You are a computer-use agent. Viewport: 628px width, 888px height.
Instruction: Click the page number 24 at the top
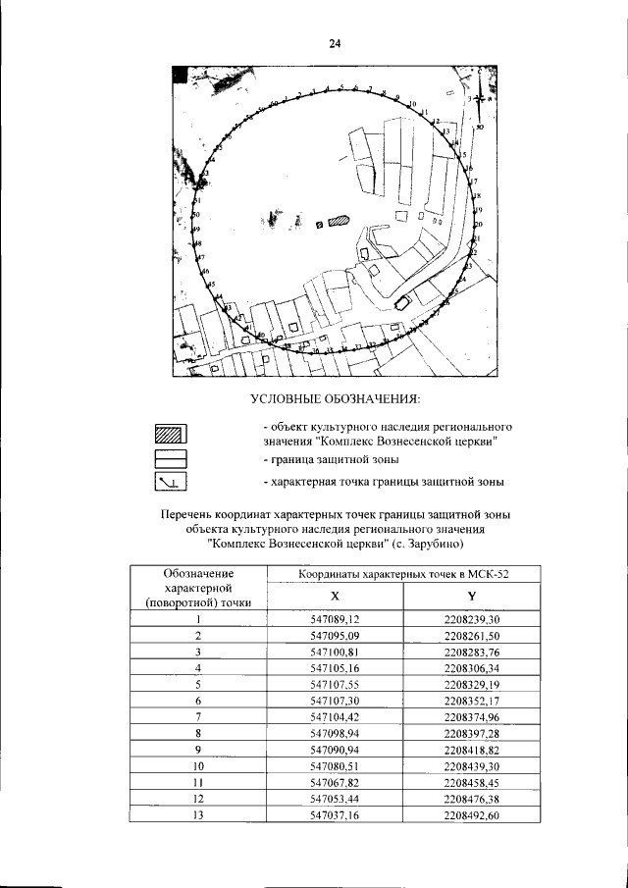(334, 44)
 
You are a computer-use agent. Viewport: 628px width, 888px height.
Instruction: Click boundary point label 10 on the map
(412, 104)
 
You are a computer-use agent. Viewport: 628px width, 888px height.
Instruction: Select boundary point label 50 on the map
(196, 214)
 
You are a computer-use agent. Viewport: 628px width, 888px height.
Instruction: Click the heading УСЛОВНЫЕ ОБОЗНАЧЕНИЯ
(335, 398)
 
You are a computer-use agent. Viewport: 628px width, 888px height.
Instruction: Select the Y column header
(472, 596)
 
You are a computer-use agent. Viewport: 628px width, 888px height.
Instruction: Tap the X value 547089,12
(336, 619)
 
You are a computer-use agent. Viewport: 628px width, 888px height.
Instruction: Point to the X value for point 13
(336, 813)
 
